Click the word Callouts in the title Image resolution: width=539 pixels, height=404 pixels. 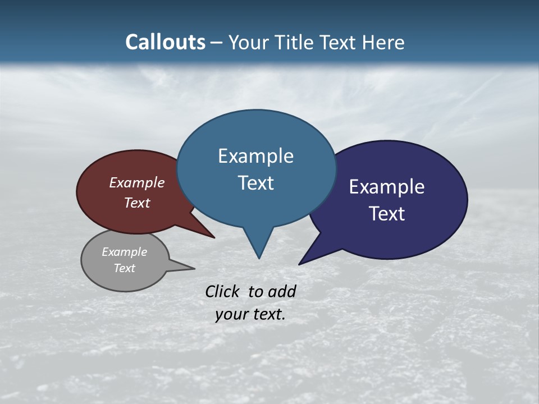pos(165,42)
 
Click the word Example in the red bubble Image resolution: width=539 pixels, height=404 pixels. pos(137,182)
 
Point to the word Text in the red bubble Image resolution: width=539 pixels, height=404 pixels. pos(137,203)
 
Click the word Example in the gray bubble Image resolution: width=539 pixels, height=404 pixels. pos(124,252)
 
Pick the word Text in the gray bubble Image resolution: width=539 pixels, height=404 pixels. pos(124,268)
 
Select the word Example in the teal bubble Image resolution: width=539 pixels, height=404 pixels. pos(255,156)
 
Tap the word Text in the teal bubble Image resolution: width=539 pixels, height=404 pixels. pos(255,183)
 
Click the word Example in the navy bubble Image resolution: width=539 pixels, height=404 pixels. pos(387,187)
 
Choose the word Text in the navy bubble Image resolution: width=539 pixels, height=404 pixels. pos(387,214)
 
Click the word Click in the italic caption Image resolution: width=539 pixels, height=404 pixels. pos(223,291)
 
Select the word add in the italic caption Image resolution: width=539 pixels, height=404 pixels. pos(281,291)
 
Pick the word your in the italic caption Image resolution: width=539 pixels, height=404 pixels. pos(231,314)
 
